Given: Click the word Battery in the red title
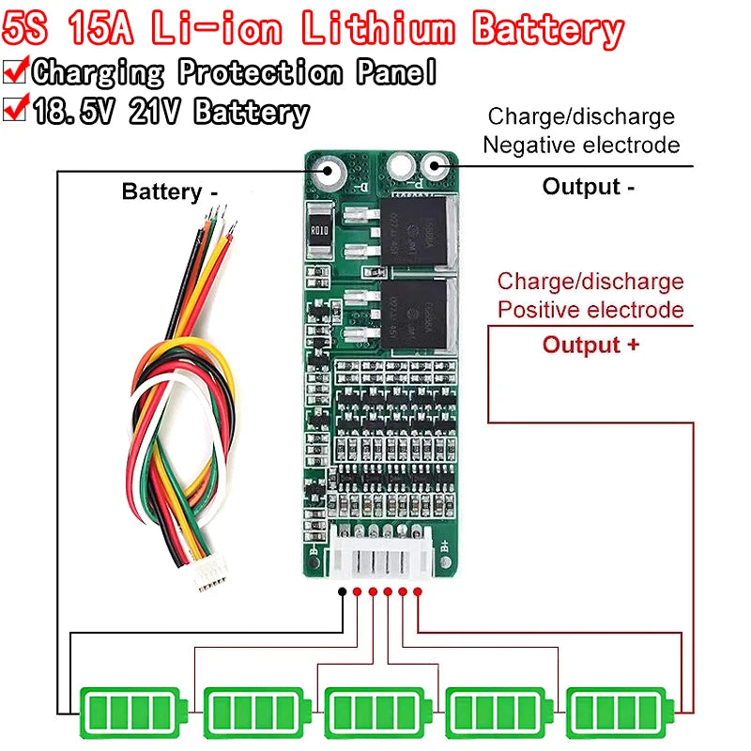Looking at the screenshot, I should coord(548,30).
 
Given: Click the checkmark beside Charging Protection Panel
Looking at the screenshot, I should coord(16,70).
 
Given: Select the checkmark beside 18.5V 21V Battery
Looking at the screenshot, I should coord(16,110).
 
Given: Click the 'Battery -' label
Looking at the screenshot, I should coord(170,192).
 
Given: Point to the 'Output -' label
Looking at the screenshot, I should coord(589,187).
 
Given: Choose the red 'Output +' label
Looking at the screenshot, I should coord(591,345).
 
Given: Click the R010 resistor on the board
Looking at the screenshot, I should coord(318,230).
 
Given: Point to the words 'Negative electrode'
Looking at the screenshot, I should coord(581,146).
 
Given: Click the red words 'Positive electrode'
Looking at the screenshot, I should coord(590,310).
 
